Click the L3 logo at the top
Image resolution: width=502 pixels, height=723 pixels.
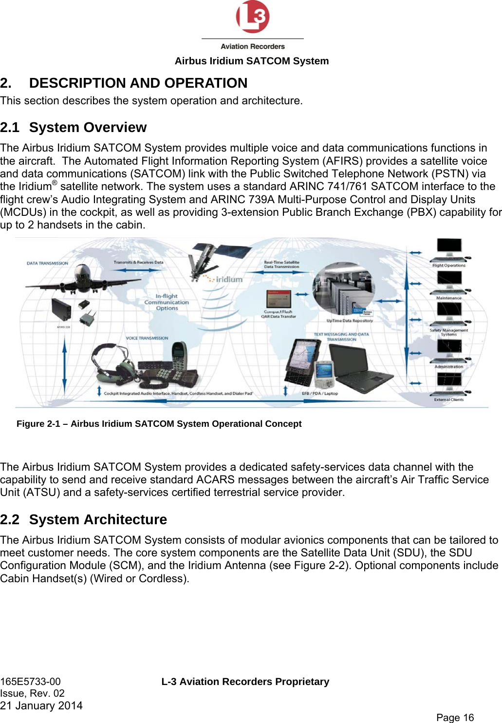pyautogui.click(x=252, y=18)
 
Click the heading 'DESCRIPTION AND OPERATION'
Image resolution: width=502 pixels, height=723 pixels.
pyautogui.click(x=138, y=83)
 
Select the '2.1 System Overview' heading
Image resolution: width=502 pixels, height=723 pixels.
pyautogui.click(x=73, y=128)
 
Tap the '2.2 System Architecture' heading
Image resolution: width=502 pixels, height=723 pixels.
pyautogui.click(x=83, y=520)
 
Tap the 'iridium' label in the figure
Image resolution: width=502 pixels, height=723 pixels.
pyautogui.click(x=229, y=280)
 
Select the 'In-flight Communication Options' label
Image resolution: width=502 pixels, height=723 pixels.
pyautogui.click(x=167, y=302)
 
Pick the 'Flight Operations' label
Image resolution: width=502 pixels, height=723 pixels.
pyautogui.click(x=448, y=266)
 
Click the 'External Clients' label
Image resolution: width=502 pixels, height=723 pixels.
pyautogui.click(x=449, y=400)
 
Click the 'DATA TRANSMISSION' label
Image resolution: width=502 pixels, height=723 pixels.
pyautogui.click(x=47, y=263)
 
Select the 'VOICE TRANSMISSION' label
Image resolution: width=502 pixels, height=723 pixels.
pyautogui.click(x=147, y=338)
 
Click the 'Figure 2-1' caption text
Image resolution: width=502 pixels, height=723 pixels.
pyautogui.click(x=159, y=424)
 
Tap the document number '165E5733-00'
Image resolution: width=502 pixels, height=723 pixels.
pyautogui.click(x=31, y=682)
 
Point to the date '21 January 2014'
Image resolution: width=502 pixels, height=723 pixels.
pyautogui.click(x=41, y=705)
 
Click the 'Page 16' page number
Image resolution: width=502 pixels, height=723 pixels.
pyautogui.click(x=455, y=717)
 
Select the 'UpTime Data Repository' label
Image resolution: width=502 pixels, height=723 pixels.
pyautogui.click(x=350, y=321)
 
